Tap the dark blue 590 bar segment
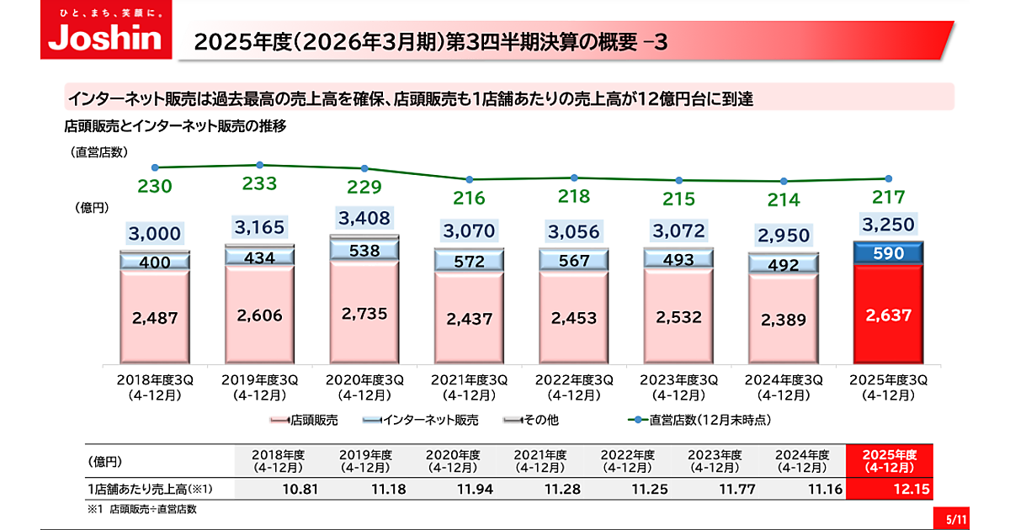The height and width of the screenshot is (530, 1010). click(888, 253)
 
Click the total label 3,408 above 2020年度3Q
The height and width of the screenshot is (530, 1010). click(365, 219)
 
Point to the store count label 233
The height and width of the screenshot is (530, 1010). click(259, 185)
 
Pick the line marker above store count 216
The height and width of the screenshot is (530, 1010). click(470, 179)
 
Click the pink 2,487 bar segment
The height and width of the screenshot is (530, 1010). click(155, 317)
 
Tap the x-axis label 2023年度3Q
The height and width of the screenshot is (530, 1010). click(679, 386)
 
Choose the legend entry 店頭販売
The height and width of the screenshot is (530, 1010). click(306, 420)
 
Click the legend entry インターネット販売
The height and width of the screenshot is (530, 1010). click(423, 420)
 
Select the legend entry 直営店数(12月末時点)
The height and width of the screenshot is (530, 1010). click(702, 420)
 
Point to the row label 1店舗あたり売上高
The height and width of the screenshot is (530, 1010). click(149, 489)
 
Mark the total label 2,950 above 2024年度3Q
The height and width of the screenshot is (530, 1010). click(784, 236)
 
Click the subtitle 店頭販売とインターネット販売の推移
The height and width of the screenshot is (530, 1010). click(177, 127)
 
